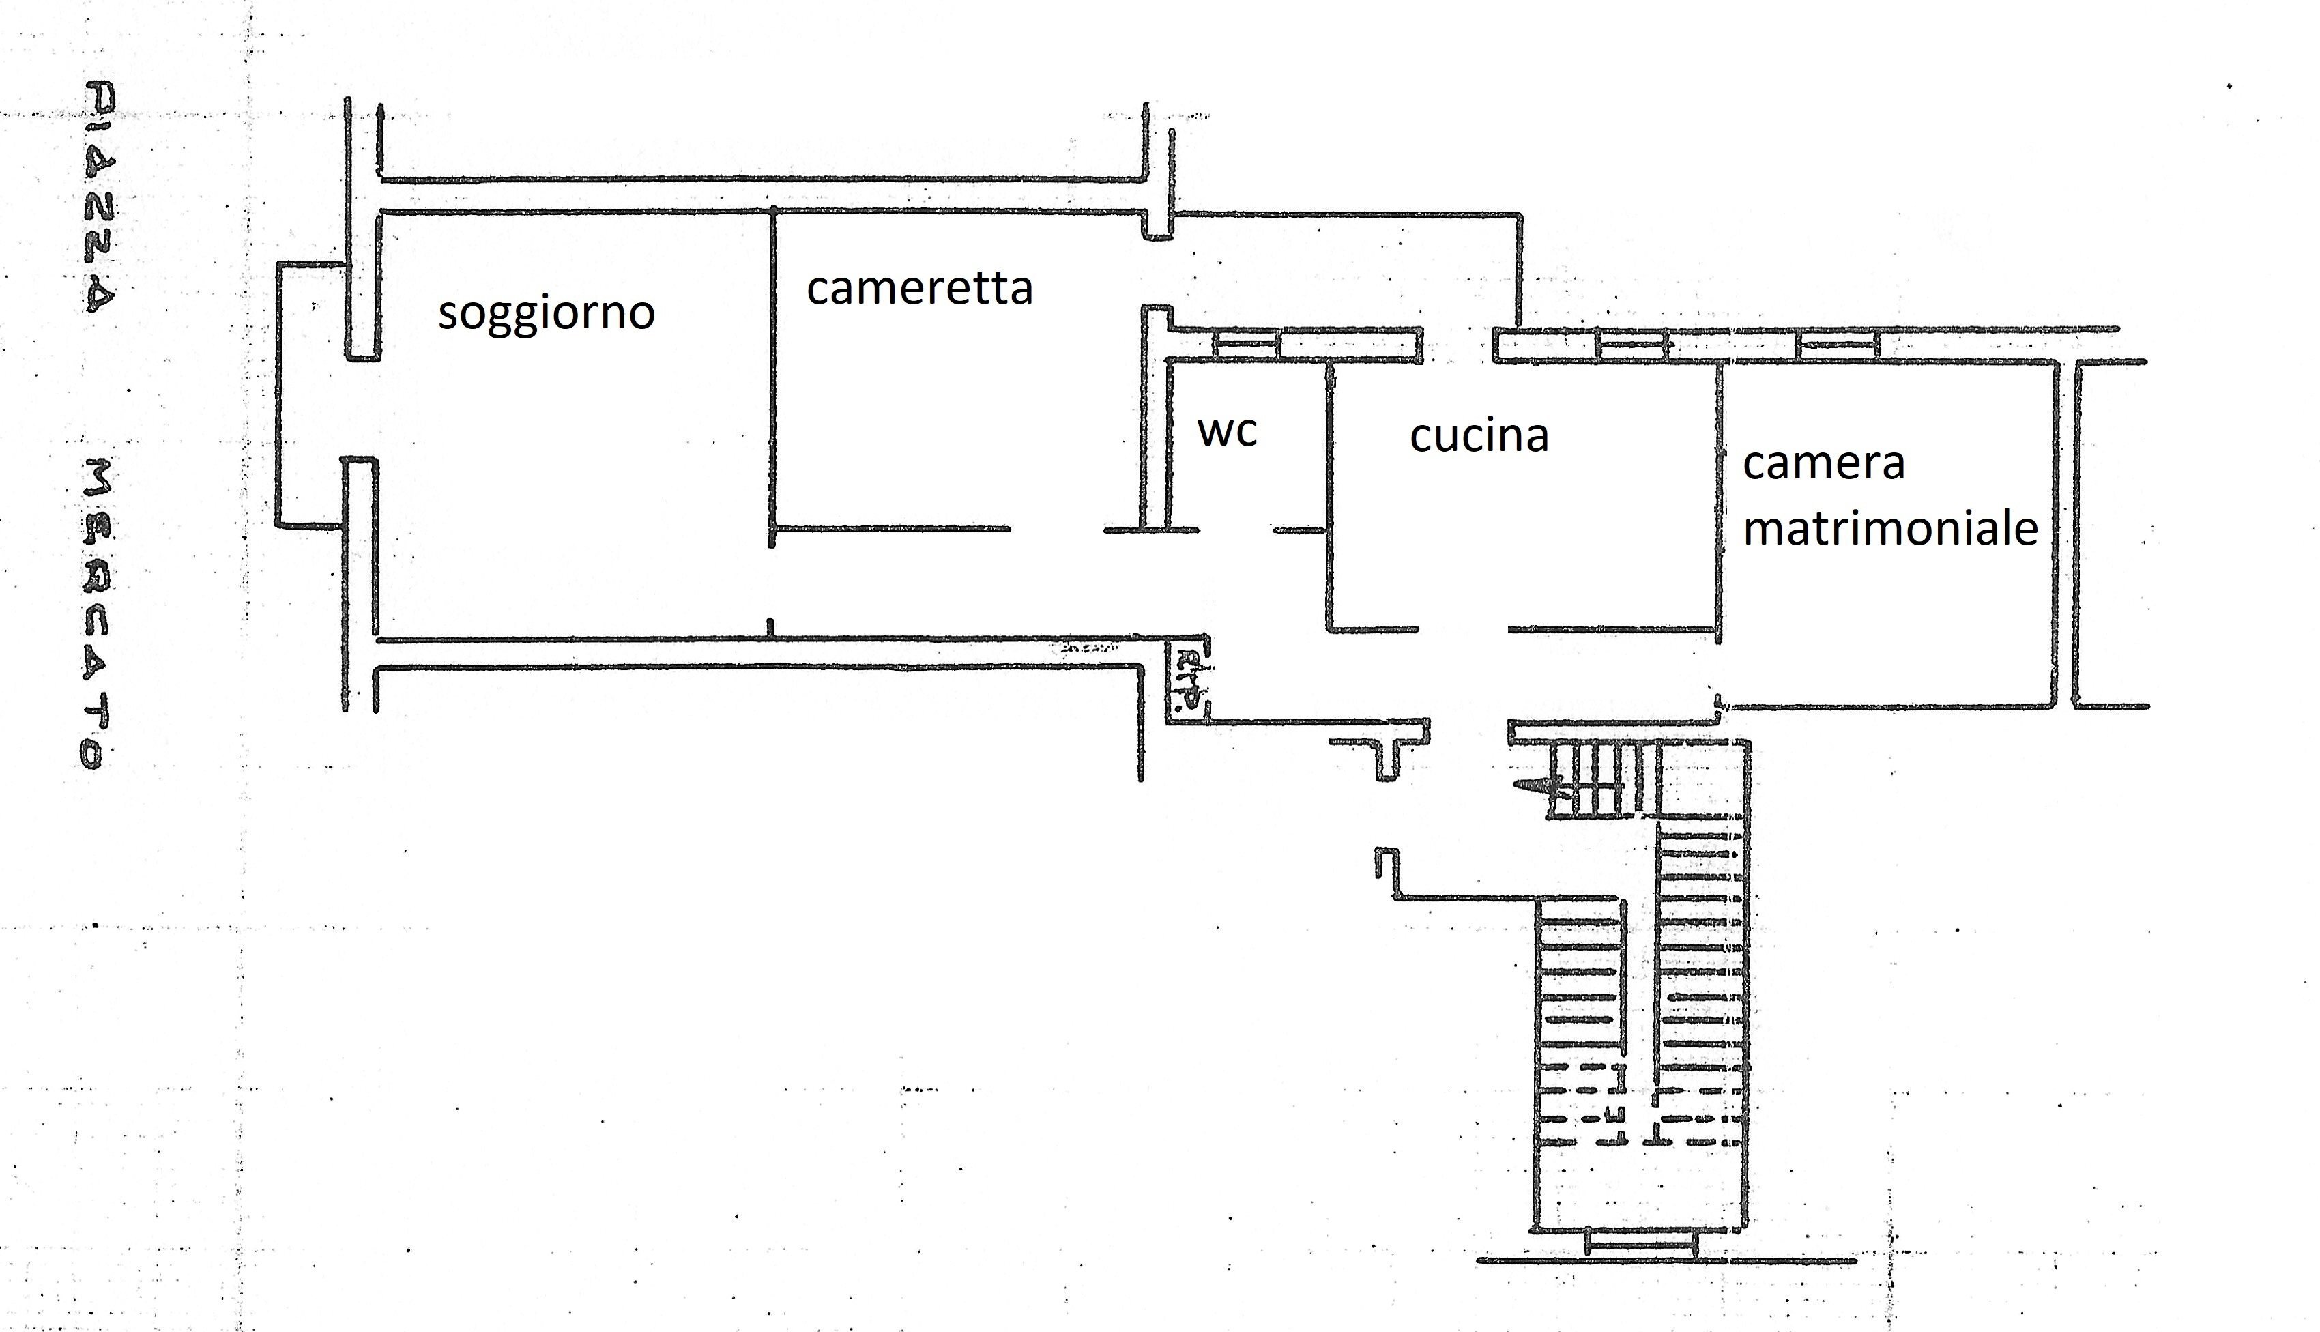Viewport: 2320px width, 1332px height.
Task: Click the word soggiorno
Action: click(546, 314)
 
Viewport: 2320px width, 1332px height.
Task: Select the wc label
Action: click(1227, 430)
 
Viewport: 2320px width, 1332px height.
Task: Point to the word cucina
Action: click(1479, 435)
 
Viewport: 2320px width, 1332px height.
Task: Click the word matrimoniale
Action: click(1890, 529)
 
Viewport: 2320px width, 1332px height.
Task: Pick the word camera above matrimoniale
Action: click(1823, 463)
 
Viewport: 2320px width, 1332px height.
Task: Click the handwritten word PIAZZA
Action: click(100, 197)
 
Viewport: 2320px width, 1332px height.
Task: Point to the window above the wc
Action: click(1245, 345)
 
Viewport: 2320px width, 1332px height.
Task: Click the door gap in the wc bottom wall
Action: click(1236, 530)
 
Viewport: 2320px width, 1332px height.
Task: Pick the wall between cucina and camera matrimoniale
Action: click(1719, 499)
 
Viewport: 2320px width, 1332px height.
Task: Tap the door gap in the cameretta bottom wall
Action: click(1057, 530)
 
